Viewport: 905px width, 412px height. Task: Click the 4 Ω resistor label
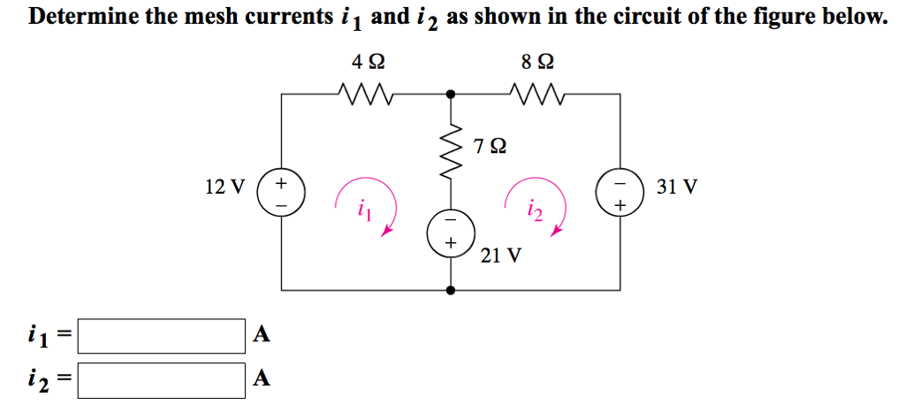(x=368, y=62)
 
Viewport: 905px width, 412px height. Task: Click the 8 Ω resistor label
(x=539, y=62)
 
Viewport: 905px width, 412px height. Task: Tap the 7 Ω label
(x=491, y=145)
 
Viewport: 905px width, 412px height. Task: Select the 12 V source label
(x=224, y=187)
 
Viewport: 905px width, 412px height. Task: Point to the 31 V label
(x=678, y=187)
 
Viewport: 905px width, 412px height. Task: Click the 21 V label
(x=501, y=256)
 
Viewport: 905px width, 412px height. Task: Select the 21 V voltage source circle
(x=451, y=232)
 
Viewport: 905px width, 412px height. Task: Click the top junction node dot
(x=451, y=92)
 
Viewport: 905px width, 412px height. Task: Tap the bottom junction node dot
(x=451, y=290)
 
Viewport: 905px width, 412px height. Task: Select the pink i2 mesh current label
(x=532, y=210)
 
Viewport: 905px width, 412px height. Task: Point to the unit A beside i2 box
(x=260, y=379)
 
